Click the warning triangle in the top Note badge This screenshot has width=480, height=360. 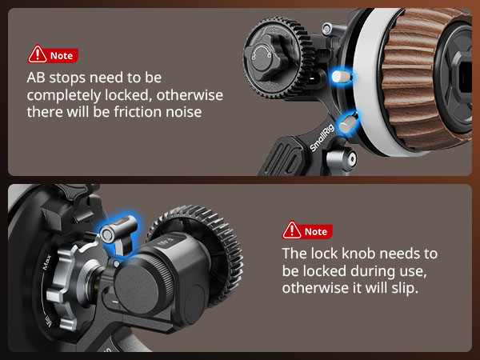coord(38,55)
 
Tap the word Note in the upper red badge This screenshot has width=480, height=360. coord(62,56)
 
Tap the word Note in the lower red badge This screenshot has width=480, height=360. coord(316,231)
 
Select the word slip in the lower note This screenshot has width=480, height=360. coord(403,287)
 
